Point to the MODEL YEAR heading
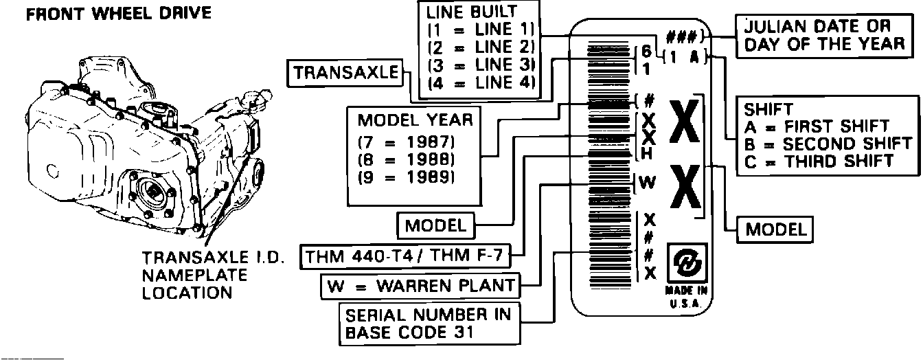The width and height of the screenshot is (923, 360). click(415, 120)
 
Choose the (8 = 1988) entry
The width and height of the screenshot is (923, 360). click(407, 159)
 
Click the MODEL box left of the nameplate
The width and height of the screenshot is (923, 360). click(435, 225)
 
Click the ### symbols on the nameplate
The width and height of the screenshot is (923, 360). click(681, 37)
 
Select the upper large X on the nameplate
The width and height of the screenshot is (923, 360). click(683, 122)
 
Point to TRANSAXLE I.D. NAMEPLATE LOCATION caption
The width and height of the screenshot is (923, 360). click(194, 275)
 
